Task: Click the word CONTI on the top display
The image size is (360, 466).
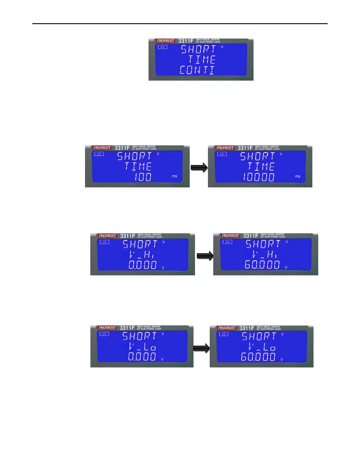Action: coord(197,70)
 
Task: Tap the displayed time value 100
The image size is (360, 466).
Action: coord(143,177)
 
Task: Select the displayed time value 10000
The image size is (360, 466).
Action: coord(259,177)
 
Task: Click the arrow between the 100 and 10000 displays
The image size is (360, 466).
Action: coord(199,168)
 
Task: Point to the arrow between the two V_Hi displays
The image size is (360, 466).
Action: coord(205,256)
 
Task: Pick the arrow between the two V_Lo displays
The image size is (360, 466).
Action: coord(201,348)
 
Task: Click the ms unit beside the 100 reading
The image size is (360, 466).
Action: coord(174,176)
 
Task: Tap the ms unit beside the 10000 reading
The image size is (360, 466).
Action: coord(298,176)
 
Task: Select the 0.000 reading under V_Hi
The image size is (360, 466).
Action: coord(143,265)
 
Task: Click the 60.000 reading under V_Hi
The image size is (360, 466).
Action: coord(262,265)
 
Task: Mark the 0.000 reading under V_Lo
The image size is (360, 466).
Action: coord(142,357)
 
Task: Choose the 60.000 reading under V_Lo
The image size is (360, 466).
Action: coord(258,357)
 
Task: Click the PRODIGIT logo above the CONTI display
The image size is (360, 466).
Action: coord(166,41)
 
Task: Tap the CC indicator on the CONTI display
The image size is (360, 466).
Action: coord(162,47)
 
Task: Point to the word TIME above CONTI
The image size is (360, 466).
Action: coord(202,60)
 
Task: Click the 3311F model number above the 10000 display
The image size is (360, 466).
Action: coord(245,148)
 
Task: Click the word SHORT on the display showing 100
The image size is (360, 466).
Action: coord(135,156)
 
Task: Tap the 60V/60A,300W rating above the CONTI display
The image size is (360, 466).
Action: coord(208,40)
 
